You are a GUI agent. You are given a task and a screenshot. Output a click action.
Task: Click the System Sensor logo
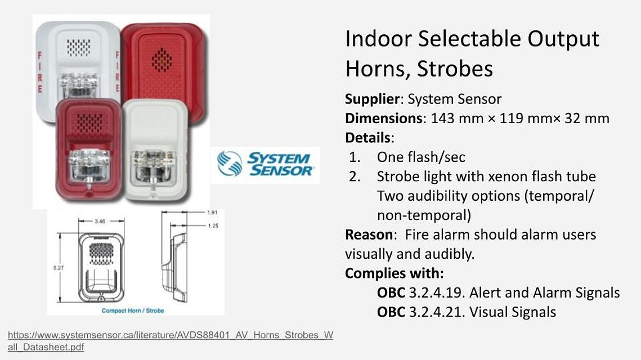(x=265, y=165)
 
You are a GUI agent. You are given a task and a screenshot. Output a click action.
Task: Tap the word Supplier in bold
(x=372, y=99)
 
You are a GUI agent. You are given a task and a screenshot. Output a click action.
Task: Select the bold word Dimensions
(x=383, y=118)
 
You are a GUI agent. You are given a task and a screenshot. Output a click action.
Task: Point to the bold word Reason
(x=369, y=235)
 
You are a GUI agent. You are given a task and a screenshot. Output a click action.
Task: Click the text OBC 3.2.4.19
(x=420, y=292)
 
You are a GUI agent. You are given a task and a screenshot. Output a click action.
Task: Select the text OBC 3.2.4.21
(x=420, y=312)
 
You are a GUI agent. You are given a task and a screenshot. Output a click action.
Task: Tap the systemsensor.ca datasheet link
(x=171, y=341)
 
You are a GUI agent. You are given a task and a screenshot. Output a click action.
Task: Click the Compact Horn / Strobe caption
(x=133, y=310)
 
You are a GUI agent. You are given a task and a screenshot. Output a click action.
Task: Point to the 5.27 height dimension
(x=59, y=268)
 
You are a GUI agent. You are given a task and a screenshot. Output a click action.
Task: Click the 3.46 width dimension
(x=100, y=221)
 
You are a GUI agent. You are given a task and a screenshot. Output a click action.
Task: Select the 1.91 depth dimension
(x=212, y=212)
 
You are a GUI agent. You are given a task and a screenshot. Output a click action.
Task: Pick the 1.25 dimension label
(x=213, y=226)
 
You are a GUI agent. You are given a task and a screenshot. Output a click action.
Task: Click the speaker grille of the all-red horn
(x=162, y=60)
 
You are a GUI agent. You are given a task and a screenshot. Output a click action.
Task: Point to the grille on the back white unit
(x=78, y=47)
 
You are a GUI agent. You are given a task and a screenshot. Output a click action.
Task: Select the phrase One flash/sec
(x=421, y=157)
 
